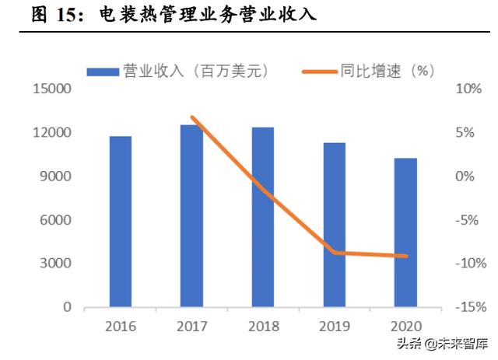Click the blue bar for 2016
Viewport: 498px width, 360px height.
point(120,222)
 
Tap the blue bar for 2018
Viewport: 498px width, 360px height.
point(263,217)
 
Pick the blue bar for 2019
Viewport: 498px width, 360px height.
point(334,225)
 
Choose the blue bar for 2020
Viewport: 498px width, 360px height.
point(405,232)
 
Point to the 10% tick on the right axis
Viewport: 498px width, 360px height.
point(467,89)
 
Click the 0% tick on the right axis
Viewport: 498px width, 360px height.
point(465,177)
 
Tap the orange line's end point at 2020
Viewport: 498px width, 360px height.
point(405,256)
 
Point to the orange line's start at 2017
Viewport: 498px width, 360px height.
point(191,118)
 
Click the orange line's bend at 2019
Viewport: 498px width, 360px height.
point(334,253)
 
